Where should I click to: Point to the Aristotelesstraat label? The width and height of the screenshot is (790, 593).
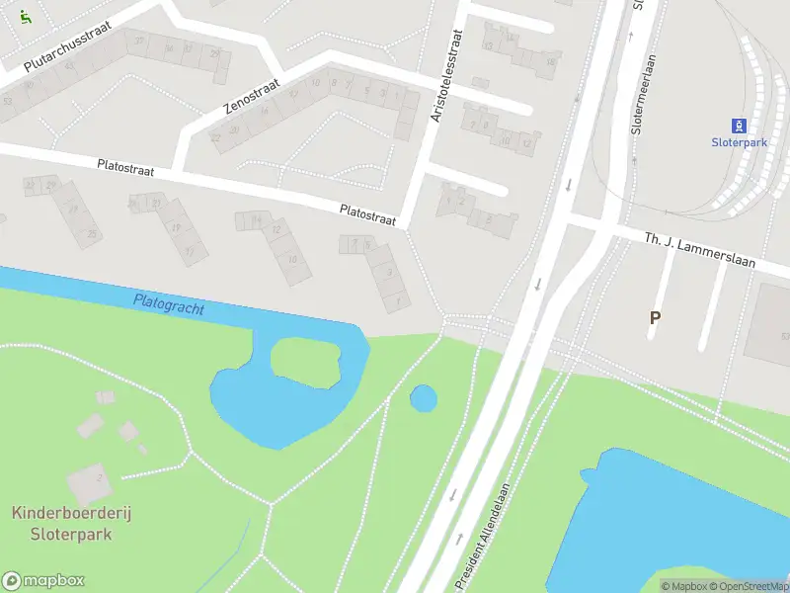click(x=446, y=76)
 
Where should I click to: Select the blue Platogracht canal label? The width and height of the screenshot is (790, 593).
click(x=169, y=302)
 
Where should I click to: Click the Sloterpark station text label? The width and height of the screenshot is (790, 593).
click(x=739, y=142)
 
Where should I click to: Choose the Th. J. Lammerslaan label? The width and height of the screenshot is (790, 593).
click(x=699, y=245)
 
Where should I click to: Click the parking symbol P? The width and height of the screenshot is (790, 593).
click(x=654, y=317)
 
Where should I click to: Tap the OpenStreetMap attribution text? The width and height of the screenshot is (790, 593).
click(x=748, y=586)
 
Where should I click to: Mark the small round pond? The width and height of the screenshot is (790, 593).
click(x=423, y=398)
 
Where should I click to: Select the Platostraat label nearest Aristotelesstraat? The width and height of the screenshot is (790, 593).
click(x=367, y=214)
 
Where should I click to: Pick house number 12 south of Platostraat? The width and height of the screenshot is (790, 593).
click(x=277, y=230)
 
